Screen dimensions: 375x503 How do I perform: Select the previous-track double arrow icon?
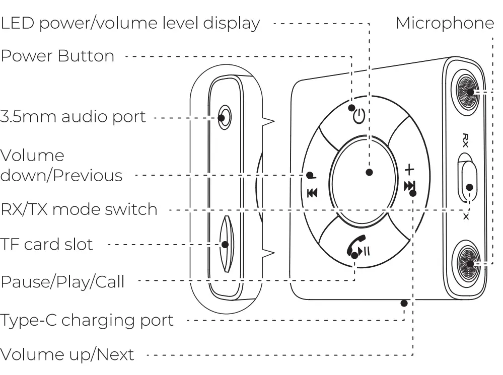click(x=312, y=192)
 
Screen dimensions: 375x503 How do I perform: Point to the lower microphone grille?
click(x=470, y=263)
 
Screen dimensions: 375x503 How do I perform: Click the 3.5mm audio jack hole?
click(x=223, y=118)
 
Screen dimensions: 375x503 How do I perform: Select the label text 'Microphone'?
click(x=445, y=23)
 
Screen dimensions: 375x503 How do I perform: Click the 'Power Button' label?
click(x=57, y=56)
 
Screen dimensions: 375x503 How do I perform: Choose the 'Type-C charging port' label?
click(x=87, y=320)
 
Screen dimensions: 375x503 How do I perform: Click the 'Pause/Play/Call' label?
click(x=62, y=281)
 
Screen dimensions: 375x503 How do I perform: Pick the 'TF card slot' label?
click(x=47, y=245)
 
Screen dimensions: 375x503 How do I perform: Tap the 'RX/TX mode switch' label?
click(x=79, y=209)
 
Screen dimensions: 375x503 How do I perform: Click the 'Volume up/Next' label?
click(x=67, y=354)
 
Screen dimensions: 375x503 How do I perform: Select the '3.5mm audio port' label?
click(x=73, y=117)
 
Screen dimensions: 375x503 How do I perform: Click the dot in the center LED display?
click(x=369, y=172)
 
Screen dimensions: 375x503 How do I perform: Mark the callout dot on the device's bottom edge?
click(x=404, y=303)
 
